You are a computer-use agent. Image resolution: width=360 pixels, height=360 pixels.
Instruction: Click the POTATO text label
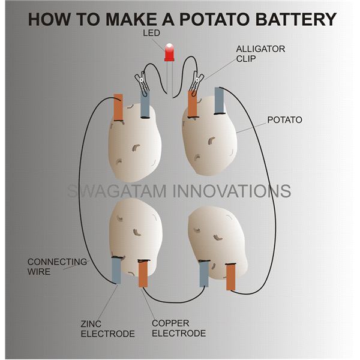[x=285, y=120]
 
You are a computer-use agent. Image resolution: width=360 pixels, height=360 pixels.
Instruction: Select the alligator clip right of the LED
[x=196, y=80]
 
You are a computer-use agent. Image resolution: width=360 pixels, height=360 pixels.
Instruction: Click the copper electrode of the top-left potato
[x=118, y=109]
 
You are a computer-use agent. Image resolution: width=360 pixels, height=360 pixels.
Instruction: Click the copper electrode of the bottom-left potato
[x=143, y=274]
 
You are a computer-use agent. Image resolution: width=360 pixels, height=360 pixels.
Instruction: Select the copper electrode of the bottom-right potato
[x=230, y=277]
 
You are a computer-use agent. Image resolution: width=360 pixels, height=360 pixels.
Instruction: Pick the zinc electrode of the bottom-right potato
[x=204, y=274]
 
